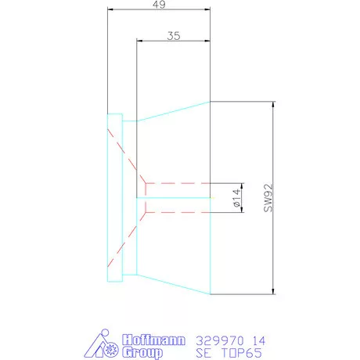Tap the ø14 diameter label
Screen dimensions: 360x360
(236, 200)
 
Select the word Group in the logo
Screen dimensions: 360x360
(142, 353)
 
